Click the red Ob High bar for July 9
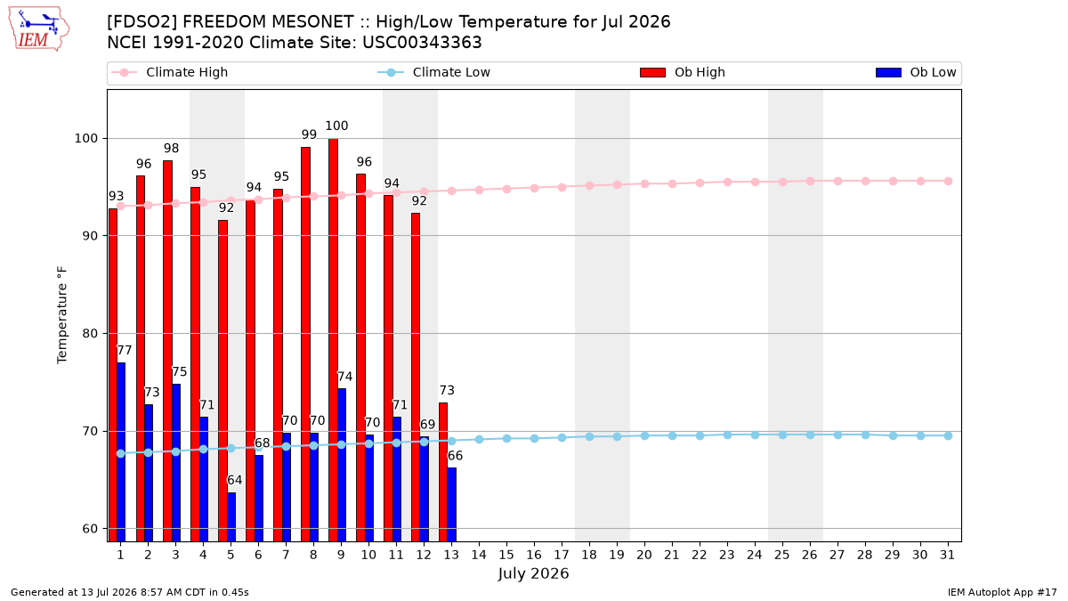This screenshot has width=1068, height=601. tap(333, 340)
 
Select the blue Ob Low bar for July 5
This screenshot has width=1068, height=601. tap(231, 517)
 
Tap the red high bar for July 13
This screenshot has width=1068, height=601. tap(443, 472)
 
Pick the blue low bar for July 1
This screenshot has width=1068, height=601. tap(121, 452)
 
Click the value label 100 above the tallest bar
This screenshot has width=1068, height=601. tap(336, 126)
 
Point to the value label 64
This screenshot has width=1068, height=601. tap(235, 480)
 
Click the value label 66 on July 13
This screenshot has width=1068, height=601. tap(455, 456)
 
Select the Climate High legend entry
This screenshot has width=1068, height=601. tap(170, 72)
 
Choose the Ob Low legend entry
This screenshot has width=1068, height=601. tap(916, 72)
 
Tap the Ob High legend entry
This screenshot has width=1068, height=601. tap(683, 72)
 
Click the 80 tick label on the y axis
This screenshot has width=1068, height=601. tap(90, 333)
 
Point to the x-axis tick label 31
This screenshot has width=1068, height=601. tap(947, 555)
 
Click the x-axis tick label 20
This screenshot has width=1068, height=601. tap(644, 555)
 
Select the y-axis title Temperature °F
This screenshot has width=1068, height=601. tap(62, 315)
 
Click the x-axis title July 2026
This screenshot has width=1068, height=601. tap(533, 573)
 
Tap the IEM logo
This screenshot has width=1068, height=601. tap(39, 29)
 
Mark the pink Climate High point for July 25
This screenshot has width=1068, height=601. tap(782, 183)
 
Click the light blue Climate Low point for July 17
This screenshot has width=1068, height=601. tap(562, 437)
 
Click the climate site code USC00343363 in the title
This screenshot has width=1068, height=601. tap(422, 43)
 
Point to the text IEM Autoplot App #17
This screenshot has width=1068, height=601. tap(1002, 592)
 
